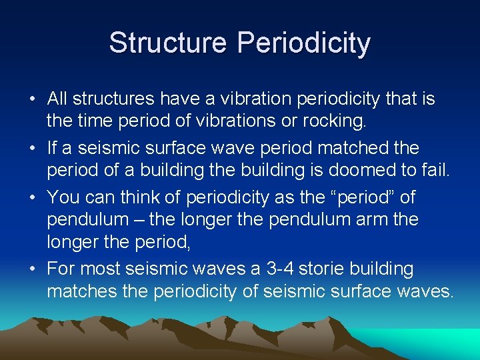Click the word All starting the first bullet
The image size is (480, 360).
(57, 99)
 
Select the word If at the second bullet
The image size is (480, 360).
(52, 146)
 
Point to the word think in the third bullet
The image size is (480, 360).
(149, 197)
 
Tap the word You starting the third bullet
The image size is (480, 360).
(63, 197)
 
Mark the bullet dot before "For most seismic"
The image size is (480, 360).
(33, 269)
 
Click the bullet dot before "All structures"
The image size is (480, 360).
(33, 100)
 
